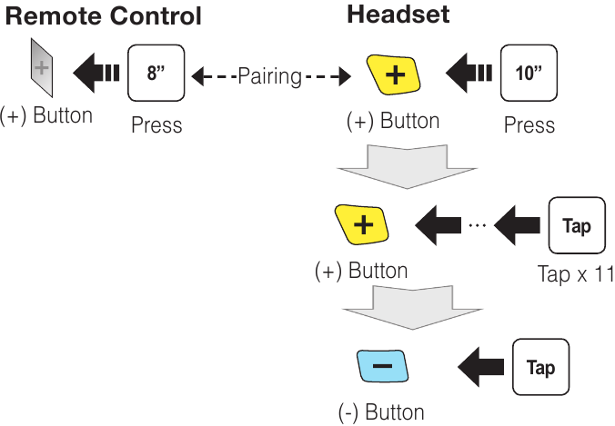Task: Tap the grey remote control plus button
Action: click(41, 69)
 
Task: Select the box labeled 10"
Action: click(528, 73)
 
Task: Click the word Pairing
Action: click(269, 76)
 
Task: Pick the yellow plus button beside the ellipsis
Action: click(362, 224)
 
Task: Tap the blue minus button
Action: click(382, 366)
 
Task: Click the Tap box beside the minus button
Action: click(539, 367)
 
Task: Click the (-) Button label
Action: click(381, 412)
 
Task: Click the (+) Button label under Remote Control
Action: click(46, 115)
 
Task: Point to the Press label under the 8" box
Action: click(156, 125)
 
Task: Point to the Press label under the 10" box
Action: click(529, 124)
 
